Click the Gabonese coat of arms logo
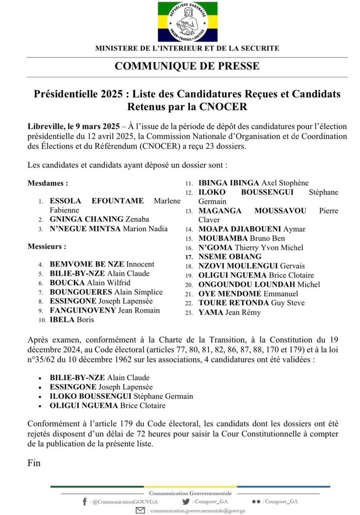187,22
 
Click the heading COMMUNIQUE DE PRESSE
187,66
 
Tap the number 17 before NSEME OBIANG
189,257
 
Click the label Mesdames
48,183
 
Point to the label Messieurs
47,246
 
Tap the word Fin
34,463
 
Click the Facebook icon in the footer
84,502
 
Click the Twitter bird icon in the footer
186,502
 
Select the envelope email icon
141,510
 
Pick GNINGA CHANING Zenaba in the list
99,219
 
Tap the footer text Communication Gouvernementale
190,493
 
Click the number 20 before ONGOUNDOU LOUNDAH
189,285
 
